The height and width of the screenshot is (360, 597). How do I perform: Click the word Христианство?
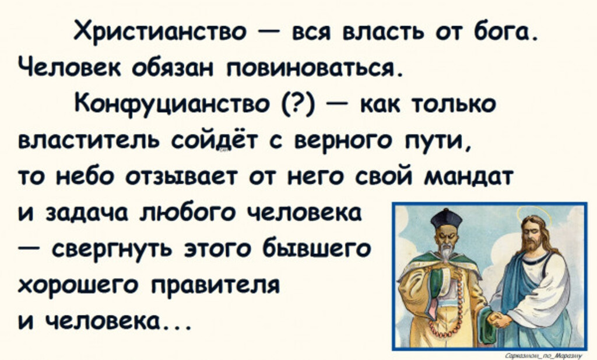tap(160, 31)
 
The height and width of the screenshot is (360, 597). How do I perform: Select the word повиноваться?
tap(310, 69)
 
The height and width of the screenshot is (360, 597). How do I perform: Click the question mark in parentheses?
tap(299, 104)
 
